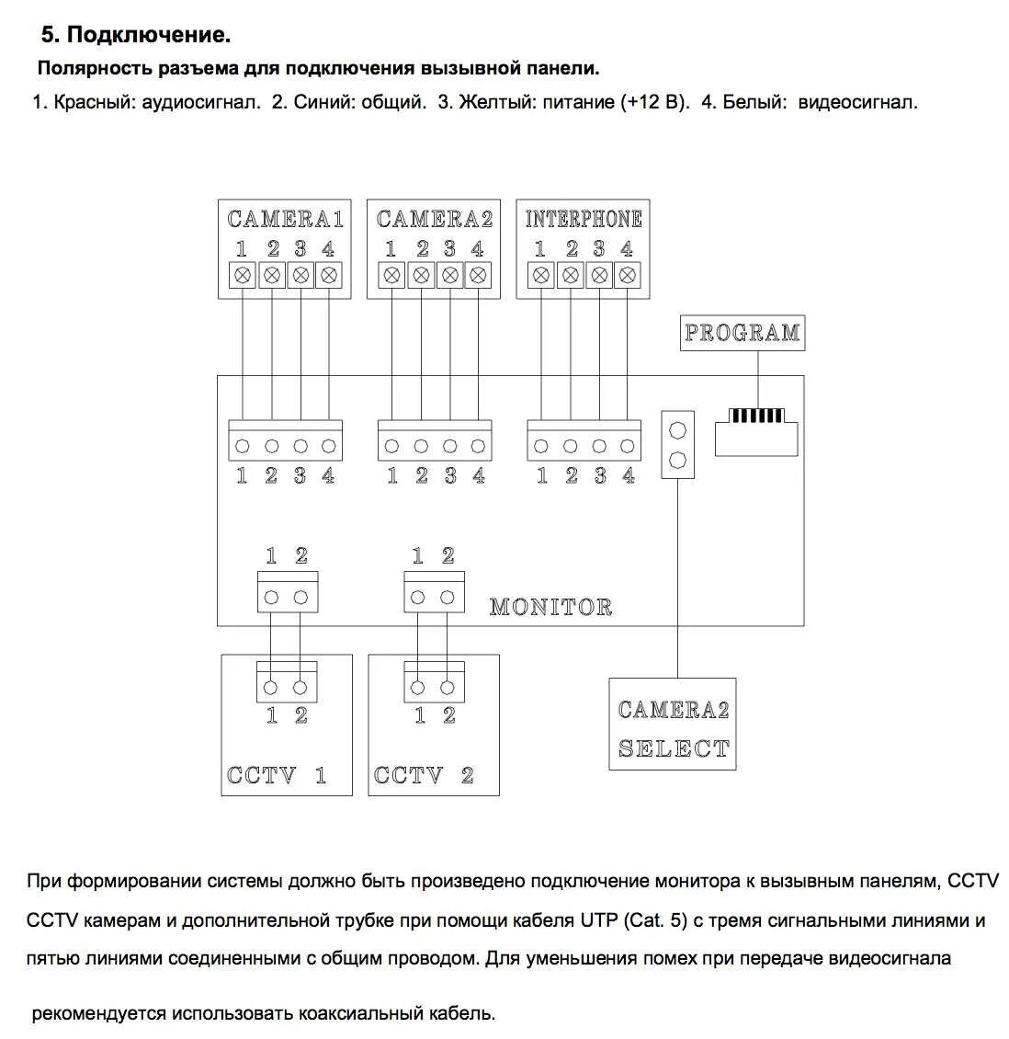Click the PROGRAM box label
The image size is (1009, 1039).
(742, 333)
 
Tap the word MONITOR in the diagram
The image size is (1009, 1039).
(550, 607)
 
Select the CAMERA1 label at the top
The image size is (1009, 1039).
(285, 219)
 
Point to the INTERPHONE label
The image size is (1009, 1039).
(584, 219)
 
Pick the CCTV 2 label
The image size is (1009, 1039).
(424, 775)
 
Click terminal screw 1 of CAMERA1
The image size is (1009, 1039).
(243, 275)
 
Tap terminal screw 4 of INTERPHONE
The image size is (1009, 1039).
(628, 275)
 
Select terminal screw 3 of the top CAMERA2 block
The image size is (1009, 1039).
(449, 275)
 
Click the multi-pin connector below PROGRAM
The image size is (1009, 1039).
(756, 427)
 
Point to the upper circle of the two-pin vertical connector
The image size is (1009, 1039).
(677, 429)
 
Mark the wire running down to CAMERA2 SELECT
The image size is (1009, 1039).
(677, 579)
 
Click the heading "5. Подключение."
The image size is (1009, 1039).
(136, 35)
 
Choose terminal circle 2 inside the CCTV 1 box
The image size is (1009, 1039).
(300, 687)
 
